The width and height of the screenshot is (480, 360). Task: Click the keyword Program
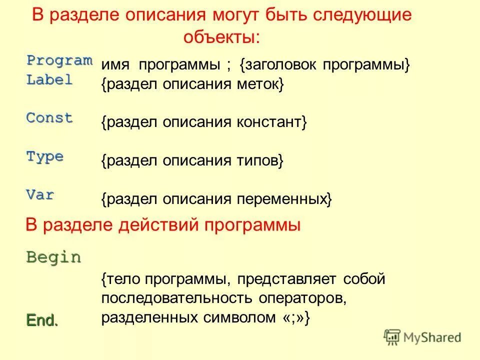pyautogui.click(x=59, y=60)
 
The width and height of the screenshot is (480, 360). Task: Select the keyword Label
pyautogui.click(x=49, y=79)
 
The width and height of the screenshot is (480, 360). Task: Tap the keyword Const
pyautogui.click(x=49, y=118)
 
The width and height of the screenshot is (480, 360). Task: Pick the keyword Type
pyautogui.click(x=44, y=156)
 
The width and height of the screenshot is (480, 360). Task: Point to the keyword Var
pyautogui.click(x=40, y=195)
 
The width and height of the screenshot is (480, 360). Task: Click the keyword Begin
pyautogui.click(x=53, y=257)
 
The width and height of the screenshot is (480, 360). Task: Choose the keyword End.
pyautogui.click(x=41, y=320)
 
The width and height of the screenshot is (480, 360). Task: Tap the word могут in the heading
pyautogui.click(x=232, y=15)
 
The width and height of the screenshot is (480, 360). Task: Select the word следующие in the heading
pyautogui.click(x=361, y=15)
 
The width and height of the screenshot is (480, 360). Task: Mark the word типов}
pyautogui.click(x=260, y=161)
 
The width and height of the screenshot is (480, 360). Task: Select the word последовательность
pyautogui.click(x=177, y=298)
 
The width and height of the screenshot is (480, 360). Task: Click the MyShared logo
pyautogui.click(x=422, y=337)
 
